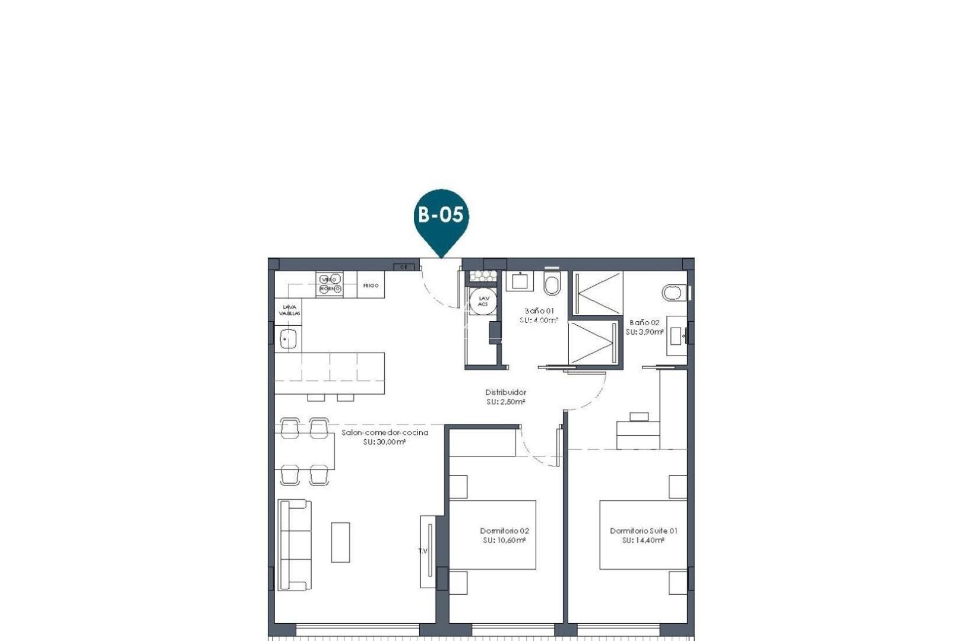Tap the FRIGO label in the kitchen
click(371, 285)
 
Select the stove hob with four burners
click(330, 284)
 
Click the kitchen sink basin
click(288, 339)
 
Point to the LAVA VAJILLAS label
click(290, 310)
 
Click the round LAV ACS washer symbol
click(483, 301)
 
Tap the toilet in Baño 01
click(552, 284)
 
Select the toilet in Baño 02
click(673, 293)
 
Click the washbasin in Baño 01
click(521, 281)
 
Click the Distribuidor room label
click(505, 392)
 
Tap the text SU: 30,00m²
click(384, 442)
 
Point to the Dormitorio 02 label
click(504, 531)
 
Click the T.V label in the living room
click(423, 551)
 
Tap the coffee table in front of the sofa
click(340, 542)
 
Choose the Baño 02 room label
click(644, 322)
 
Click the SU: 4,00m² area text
click(539, 320)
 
